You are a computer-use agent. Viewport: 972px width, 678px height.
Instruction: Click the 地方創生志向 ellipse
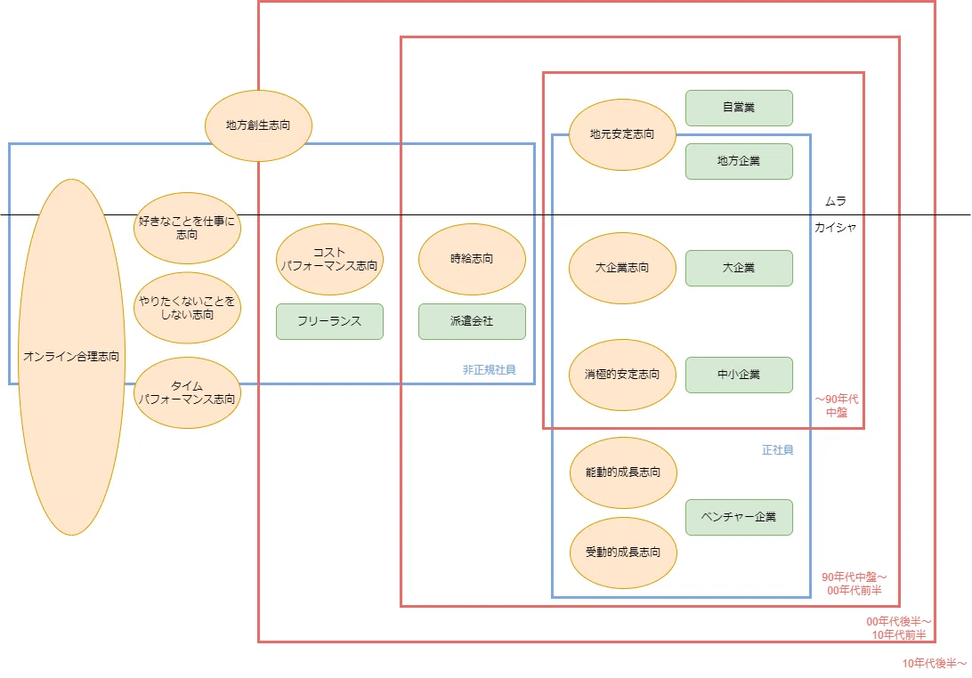258,125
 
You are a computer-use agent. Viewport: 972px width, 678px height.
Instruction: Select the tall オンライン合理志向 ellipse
72,357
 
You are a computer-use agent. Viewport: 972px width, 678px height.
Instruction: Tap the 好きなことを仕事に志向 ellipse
187,228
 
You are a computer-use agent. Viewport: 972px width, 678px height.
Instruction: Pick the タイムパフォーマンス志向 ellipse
187,393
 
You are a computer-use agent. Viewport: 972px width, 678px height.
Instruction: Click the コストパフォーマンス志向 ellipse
329,259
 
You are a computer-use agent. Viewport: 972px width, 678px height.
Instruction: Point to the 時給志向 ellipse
473,259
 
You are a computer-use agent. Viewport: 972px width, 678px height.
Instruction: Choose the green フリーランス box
329,321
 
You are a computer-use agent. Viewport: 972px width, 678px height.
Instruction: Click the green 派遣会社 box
473,321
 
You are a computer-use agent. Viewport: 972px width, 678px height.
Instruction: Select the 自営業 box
739,108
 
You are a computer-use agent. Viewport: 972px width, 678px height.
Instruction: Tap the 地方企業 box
739,161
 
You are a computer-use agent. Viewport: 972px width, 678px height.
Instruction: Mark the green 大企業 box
739,269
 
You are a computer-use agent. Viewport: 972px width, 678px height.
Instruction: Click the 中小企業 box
739,375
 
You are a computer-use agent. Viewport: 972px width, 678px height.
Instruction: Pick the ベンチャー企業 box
739,518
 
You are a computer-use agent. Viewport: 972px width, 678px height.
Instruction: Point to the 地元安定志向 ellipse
622,134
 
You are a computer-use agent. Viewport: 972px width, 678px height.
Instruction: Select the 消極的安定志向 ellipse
622,375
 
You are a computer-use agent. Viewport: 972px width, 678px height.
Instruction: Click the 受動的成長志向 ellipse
623,553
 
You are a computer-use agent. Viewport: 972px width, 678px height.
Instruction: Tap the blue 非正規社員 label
489,370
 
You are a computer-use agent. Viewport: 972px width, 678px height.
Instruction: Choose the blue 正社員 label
777,450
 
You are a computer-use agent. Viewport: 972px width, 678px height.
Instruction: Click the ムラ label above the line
836,201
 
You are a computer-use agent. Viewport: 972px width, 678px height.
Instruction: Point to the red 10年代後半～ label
935,664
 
